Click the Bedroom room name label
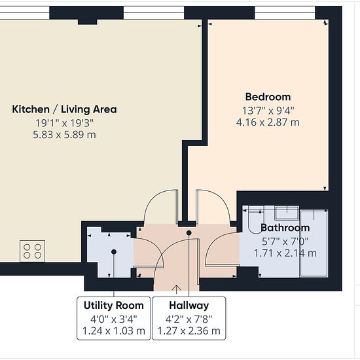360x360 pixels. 268,97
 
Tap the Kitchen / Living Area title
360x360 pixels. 64,109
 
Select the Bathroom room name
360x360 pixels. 285,228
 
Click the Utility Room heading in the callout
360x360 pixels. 114,306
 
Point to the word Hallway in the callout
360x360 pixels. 189,306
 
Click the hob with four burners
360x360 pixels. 32,251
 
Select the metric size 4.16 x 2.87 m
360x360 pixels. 268,122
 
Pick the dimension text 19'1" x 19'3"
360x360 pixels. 65,123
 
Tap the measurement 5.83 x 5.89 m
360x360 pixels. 64,135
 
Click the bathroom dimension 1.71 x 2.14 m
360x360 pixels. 285,253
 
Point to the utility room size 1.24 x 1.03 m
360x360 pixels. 114,331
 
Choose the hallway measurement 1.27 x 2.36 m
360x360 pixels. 189,331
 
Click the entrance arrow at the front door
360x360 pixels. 176,289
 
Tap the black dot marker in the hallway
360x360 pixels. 189,233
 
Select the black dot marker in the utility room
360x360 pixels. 114,252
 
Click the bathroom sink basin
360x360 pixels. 287,213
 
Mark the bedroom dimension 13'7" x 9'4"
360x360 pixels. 268,111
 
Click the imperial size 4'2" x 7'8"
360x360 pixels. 189,319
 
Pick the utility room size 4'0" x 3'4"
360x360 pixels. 114,319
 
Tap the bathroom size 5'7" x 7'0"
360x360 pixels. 285,242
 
